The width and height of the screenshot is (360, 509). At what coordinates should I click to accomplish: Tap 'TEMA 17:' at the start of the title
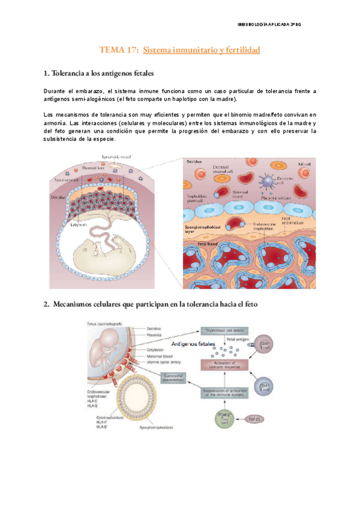[117, 50]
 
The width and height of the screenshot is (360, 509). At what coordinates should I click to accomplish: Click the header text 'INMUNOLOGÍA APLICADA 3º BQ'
[273, 24]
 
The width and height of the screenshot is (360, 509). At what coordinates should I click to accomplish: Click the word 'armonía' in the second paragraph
[58, 122]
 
